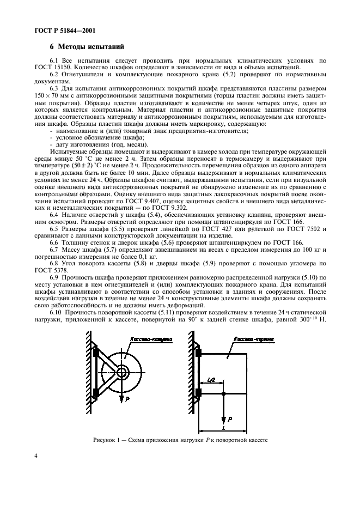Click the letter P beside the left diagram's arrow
(127, 399)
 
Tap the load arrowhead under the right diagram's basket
(224, 420)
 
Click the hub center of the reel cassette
(120, 373)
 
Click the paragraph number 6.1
(53, 59)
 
